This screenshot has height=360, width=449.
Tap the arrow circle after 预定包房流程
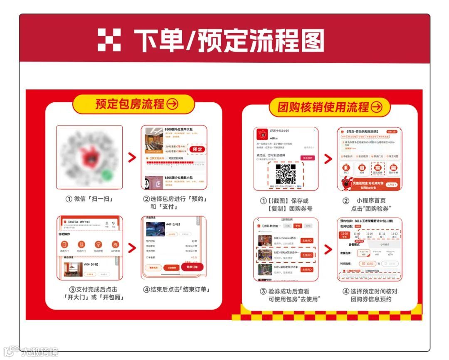tap(172, 104)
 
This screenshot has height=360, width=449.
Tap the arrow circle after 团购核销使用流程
tap(376, 107)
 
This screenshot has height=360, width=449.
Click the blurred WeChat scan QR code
tap(89, 158)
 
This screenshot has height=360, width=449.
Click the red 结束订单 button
tap(192, 266)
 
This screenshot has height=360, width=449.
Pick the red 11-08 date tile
tap(345, 235)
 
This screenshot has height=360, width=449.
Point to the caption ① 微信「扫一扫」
tap(89, 199)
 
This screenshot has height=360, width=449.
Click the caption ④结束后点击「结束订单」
tap(176, 290)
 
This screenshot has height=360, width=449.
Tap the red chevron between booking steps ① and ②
tap(132, 158)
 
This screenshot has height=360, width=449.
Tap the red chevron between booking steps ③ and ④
tap(132, 248)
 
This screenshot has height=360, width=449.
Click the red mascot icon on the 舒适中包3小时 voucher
tap(262, 134)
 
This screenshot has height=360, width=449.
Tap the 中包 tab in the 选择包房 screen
tap(297, 226)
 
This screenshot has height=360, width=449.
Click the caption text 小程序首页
tap(372, 201)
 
